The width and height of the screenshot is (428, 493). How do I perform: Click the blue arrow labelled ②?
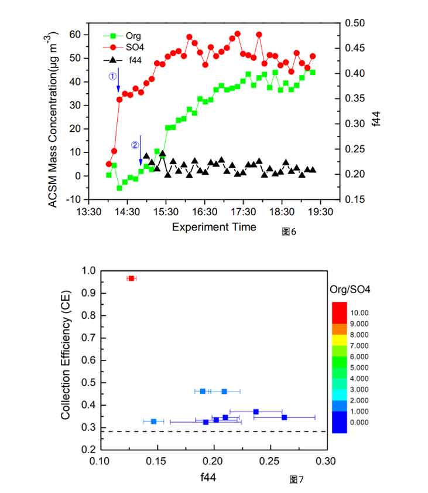coord(141,149)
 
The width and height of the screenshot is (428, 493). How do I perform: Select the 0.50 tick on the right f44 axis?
coord(355,23)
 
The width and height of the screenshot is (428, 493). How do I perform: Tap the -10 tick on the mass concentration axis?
coord(74,199)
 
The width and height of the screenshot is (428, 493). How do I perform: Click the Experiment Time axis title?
coord(214,227)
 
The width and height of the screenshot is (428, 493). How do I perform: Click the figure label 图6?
coord(289,232)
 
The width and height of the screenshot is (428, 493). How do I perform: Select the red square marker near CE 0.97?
coord(131,278)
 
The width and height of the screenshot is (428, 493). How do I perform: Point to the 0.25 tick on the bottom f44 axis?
coord(269,461)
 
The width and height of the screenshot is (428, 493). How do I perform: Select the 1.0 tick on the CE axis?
coord(88,271)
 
